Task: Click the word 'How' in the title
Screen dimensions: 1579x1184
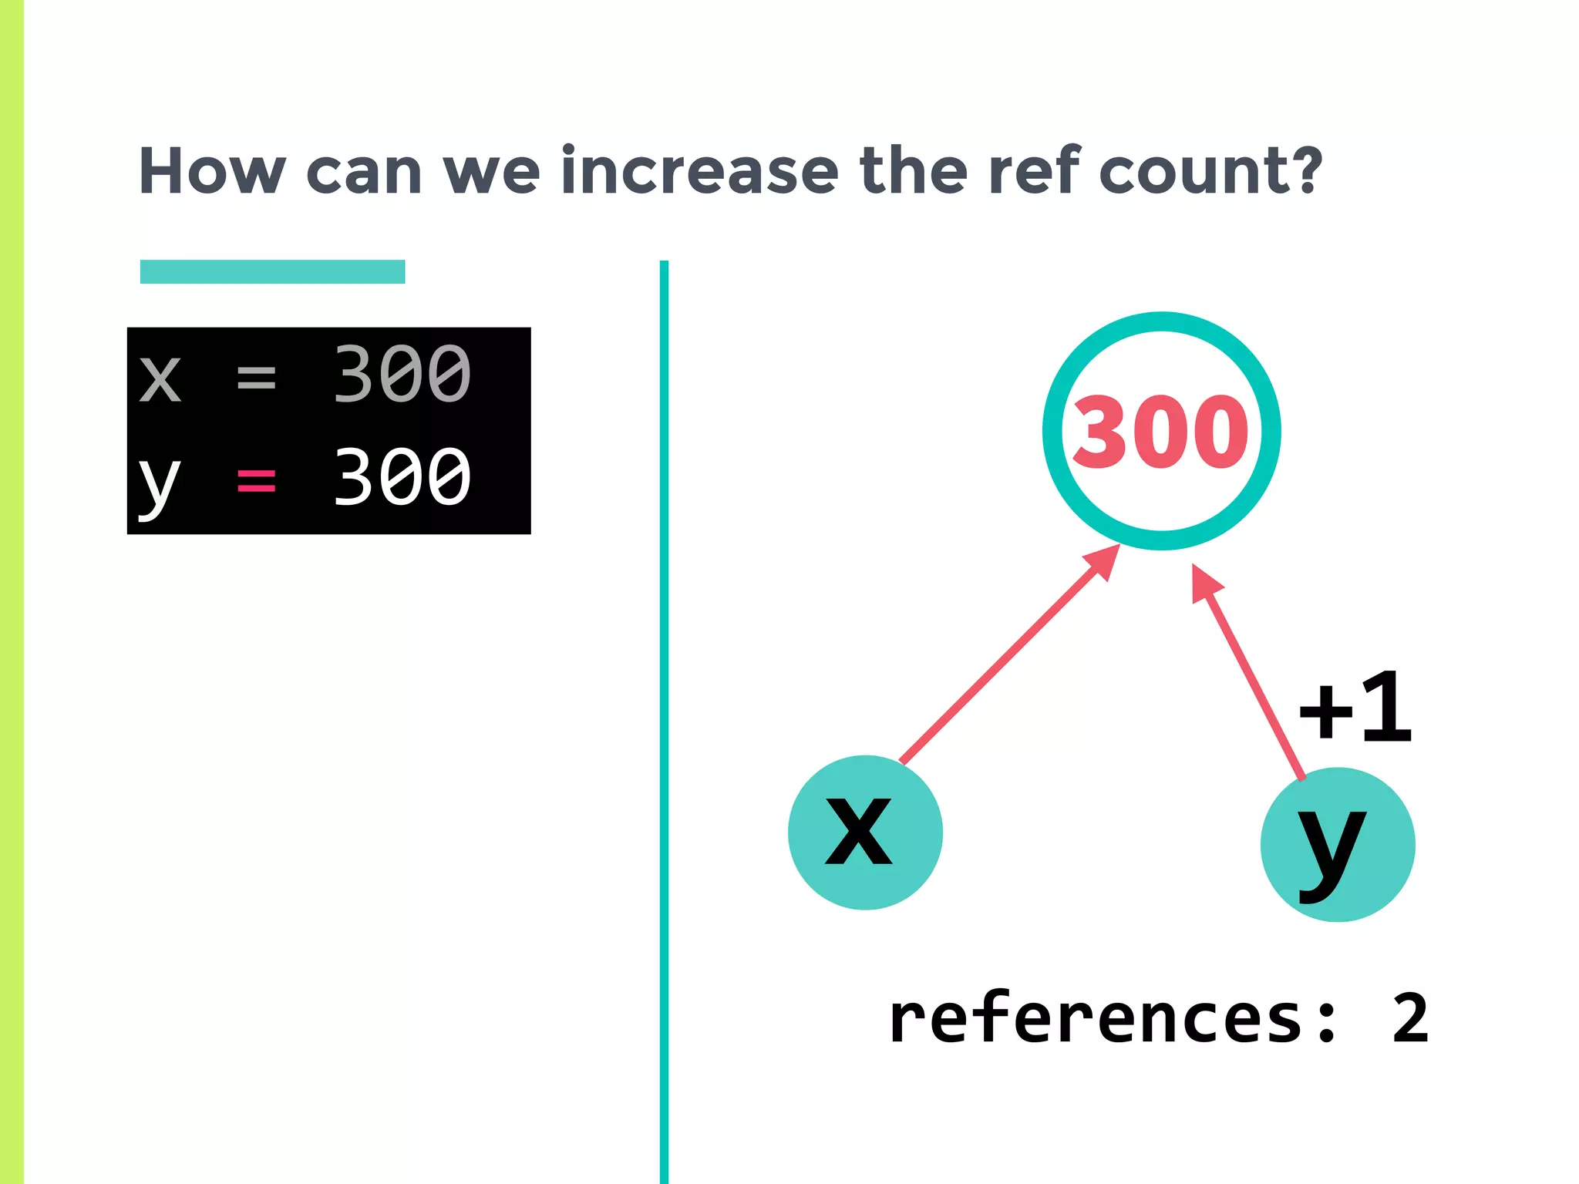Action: (x=212, y=171)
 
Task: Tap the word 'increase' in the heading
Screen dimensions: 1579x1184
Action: (x=699, y=171)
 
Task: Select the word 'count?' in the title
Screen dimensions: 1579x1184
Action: (x=1210, y=171)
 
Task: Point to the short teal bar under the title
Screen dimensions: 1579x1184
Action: (x=272, y=272)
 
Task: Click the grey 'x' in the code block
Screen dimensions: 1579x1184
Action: (x=160, y=378)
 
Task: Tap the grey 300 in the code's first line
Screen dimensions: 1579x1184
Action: (x=402, y=374)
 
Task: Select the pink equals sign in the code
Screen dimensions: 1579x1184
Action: (x=256, y=480)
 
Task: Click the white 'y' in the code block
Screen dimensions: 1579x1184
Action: (x=159, y=484)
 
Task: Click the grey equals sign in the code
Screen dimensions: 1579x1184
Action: (x=256, y=377)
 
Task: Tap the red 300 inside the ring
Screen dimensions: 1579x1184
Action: (x=1160, y=432)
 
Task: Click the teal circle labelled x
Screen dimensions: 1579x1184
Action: (x=865, y=832)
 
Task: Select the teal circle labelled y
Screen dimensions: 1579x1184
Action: (x=1338, y=844)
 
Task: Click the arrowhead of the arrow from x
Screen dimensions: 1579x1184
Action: (x=1105, y=560)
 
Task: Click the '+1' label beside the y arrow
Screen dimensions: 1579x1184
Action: (x=1355, y=708)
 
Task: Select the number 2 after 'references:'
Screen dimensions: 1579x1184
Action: (x=1410, y=1019)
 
